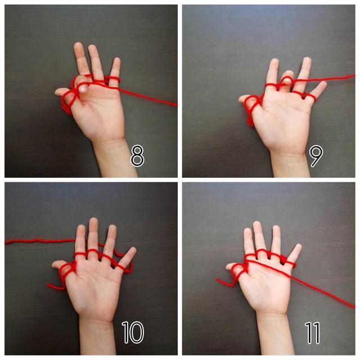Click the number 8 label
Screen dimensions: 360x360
tap(137, 156)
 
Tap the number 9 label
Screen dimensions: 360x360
tap(316, 156)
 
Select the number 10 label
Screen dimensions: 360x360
tap(133, 332)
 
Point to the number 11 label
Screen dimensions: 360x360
tap(313, 332)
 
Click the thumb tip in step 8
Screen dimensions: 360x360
tap(57, 92)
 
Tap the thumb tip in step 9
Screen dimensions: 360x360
tap(241, 99)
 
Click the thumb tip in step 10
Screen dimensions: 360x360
tap(55, 264)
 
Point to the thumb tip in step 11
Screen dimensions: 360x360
tap(228, 266)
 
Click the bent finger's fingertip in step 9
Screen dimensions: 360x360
tap(287, 75)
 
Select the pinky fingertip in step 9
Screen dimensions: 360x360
tap(323, 84)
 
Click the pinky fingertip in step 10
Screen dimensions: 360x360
tap(133, 250)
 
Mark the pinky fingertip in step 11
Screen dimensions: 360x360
tap(298, 246)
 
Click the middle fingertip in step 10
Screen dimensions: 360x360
tap(94, 220)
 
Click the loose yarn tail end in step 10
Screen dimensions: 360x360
tap(48, 285)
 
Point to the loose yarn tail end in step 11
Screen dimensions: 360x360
tap(217, 280)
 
